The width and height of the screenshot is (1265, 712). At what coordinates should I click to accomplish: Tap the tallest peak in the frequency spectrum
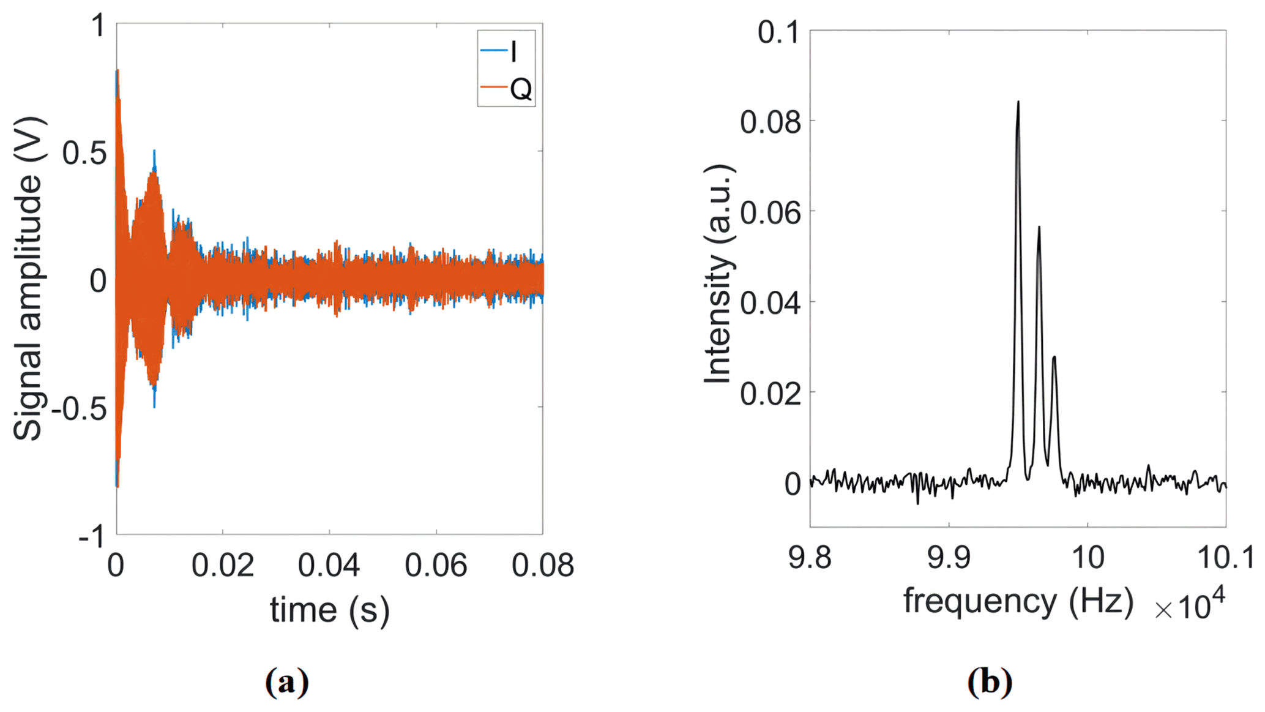[x=1018, y=103]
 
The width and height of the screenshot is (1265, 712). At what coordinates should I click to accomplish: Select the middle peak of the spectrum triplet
[x=1039, y=228]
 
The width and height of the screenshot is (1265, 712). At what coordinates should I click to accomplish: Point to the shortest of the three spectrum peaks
[x=1054, y=358]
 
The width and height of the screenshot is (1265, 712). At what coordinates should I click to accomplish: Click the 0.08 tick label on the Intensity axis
[x=770, y=122]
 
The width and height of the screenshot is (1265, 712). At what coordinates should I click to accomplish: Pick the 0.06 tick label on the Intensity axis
[x=770, y=212]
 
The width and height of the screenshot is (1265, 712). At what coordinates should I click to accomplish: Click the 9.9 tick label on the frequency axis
[x=949, y=558]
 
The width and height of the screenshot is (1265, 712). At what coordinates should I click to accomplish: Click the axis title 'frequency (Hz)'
[x=1018, y=601]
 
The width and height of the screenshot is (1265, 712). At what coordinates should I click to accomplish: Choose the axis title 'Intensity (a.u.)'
[x=718, y=274]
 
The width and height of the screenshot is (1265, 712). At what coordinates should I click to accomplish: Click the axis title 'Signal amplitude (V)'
[x=28, y=279]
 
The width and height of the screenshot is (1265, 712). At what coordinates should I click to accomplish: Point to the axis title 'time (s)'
[x=330, y=610]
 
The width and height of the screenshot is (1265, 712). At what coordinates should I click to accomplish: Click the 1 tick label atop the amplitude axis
[x=98, y=27]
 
